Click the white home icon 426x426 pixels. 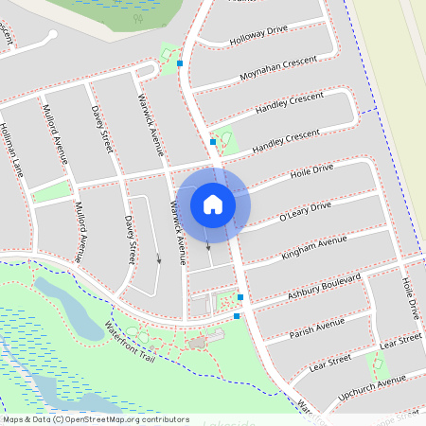coord(213,204)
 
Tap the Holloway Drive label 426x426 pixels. coord(257,34)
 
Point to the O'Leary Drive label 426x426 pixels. coord(305,212)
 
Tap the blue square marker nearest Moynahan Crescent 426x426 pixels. coord(180,63)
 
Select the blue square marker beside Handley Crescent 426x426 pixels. coord(213,142)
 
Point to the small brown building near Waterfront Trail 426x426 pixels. coord(198,342)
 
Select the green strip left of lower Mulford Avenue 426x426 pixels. coord(52,191)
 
